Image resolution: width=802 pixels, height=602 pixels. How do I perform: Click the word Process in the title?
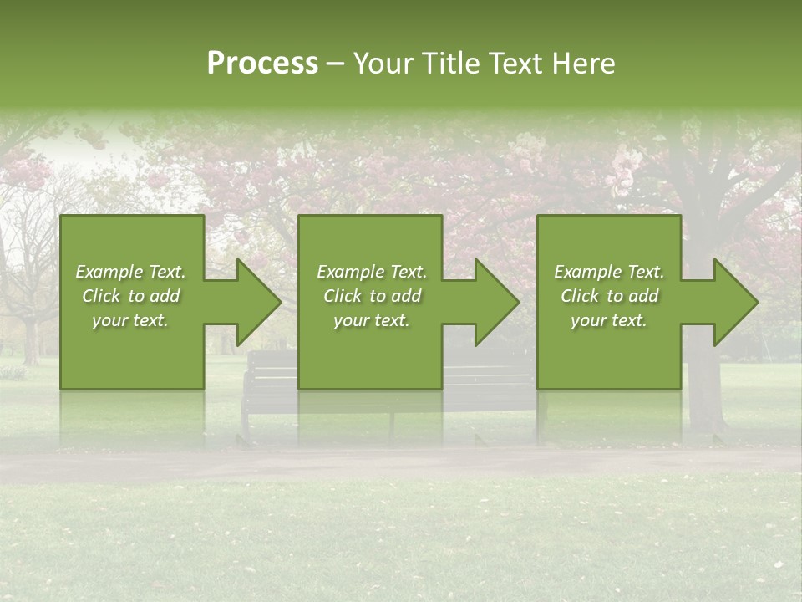pos(262,64)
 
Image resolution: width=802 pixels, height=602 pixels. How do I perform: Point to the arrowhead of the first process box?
pos(259,302)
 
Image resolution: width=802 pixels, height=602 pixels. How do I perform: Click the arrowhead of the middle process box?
pos(497,302)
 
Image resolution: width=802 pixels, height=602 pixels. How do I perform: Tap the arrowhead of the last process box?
pos(736,302)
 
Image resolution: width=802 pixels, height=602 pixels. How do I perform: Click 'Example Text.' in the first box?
pos(130,272)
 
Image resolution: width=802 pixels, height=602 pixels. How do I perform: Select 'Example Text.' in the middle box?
pos(372,272)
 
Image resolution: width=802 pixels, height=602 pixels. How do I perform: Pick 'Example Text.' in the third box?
pos(609,272)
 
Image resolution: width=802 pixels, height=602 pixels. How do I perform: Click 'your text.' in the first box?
pos(130,320)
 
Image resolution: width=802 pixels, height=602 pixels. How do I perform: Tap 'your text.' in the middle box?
pos(372,320)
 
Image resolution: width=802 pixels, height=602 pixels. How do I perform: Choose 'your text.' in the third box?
pos(609,320)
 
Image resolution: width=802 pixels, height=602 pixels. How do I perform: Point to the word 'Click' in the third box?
pos(581,296)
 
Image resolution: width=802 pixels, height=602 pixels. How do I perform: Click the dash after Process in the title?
pos(336,64)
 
